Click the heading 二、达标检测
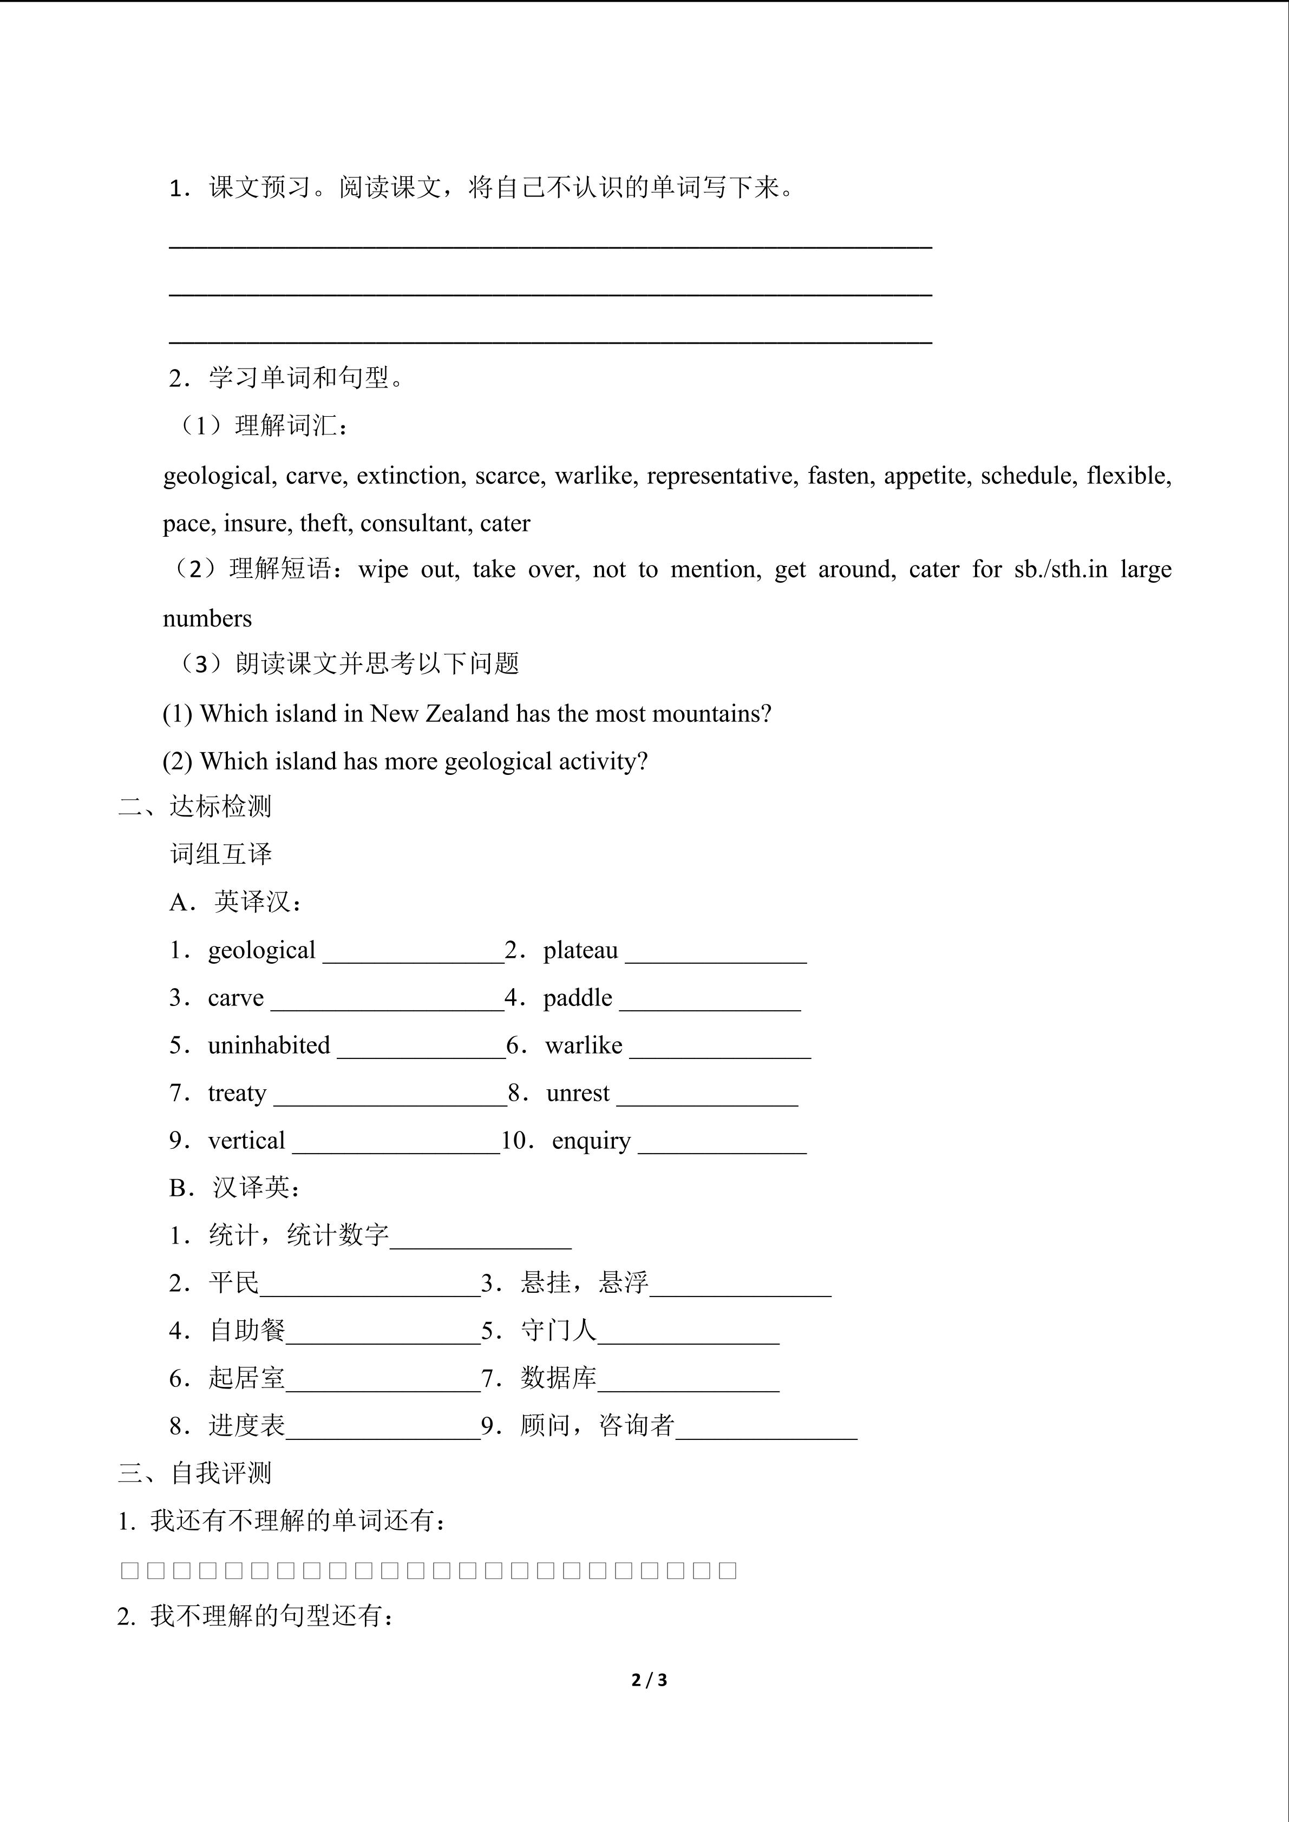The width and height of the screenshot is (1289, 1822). (195, 806)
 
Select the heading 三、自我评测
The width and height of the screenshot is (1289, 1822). (195, 1473)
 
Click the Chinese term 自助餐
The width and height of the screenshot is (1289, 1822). (247, 1330)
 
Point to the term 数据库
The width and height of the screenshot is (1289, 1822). (558, 1378)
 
